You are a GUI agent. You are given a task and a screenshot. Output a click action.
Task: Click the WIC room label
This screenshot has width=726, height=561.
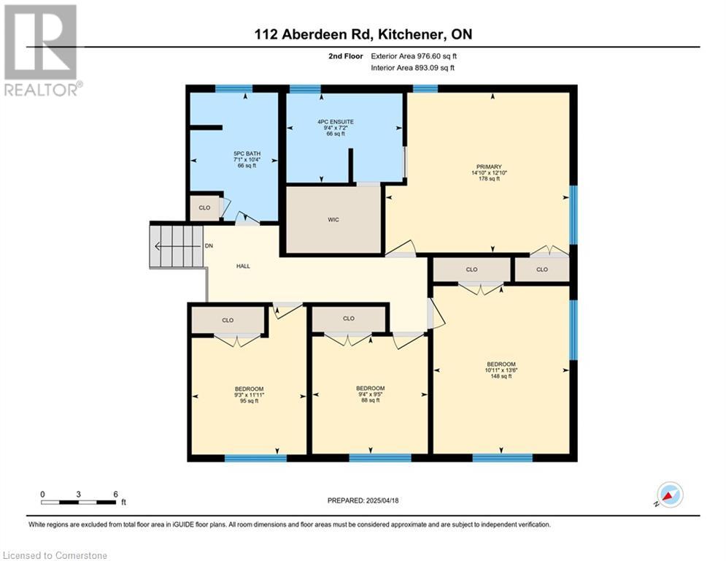[333, 220]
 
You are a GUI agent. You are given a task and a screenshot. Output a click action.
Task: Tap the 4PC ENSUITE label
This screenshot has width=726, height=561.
[336, 122]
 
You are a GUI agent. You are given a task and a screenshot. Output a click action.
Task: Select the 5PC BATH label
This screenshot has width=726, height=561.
[247, 153]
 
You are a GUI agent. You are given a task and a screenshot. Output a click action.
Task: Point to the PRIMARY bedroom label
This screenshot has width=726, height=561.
[490, 167]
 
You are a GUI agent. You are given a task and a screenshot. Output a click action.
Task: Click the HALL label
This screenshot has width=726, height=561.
[243, 266]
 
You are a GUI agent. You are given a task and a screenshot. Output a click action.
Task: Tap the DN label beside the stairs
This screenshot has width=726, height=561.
[209, 245]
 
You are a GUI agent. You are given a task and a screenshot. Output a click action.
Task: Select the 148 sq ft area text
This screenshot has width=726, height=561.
[501, 376]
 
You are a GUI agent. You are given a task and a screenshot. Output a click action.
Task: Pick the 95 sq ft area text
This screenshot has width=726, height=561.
[249, 401]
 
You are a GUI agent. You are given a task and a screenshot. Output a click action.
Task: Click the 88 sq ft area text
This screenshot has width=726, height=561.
[371, 400]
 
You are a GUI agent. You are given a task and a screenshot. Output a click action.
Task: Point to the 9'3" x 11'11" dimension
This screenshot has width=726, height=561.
[249, 395]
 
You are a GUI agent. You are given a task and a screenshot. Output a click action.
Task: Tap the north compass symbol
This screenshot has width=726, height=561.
[671, 495]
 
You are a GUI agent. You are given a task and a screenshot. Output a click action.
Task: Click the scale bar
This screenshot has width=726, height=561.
[78, 502]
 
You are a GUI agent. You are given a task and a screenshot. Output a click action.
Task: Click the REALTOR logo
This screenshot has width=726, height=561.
[42, 50]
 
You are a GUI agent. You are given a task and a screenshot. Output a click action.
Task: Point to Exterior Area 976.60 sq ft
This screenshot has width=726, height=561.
[414, 56]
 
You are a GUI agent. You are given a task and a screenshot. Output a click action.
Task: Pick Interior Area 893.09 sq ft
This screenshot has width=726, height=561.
[412, 68]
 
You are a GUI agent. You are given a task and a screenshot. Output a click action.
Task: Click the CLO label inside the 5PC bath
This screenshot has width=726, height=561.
[204, 207]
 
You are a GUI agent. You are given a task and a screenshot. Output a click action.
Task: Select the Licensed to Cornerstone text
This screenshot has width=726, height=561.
[55, 555]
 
